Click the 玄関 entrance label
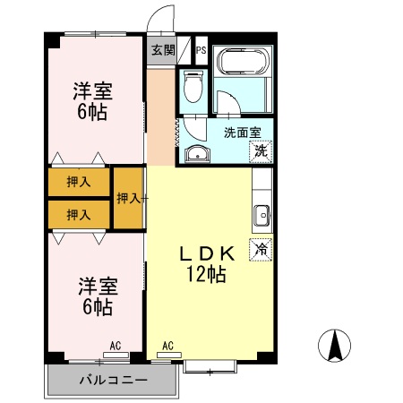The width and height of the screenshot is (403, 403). (x=162, y=50)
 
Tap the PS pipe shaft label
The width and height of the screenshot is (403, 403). (x=200, y=50)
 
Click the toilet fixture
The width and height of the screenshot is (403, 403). (x=192, y=88)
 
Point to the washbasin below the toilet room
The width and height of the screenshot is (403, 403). (x=196, y=154)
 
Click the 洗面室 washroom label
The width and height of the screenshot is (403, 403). (x=242, y=133)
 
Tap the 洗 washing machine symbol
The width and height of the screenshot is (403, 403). (x=260, y=150)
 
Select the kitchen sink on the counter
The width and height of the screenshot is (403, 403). (x=262, y=216)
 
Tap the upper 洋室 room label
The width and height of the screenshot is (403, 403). (x=91, y=90)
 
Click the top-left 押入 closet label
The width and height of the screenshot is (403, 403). (x=79, y=182)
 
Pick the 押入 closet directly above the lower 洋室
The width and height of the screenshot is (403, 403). (x=79, y=214)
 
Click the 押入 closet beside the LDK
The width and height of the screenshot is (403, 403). (x=130, y=197)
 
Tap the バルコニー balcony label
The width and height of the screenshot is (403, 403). (x=111, y=382)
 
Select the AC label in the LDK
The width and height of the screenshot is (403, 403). (x=167, y=345)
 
